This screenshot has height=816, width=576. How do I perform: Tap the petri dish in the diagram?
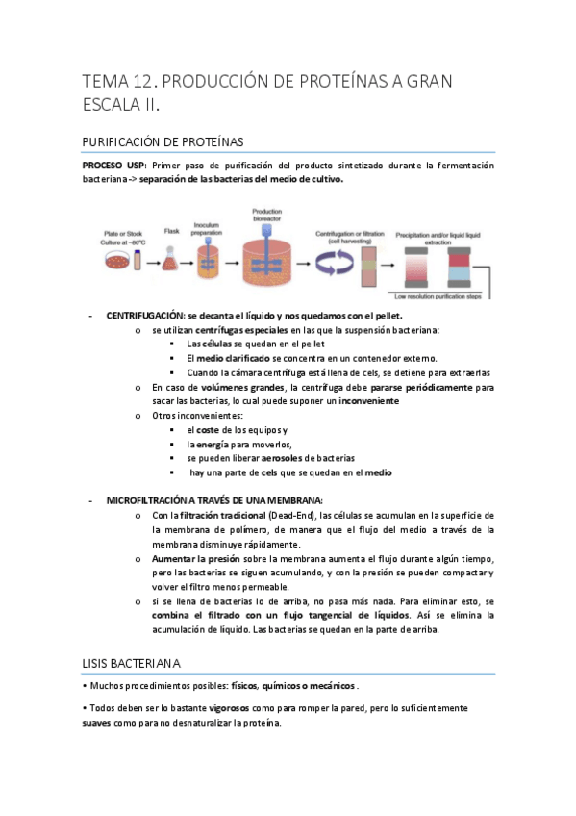(x=120, y=260)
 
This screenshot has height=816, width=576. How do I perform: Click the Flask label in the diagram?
(x=172, y=232)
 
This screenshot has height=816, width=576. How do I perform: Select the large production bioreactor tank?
(x=265, y=260)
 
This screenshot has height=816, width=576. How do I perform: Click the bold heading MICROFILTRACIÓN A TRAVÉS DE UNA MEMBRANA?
(x=214, y=500)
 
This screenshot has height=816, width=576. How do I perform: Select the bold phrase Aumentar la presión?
(x=196, y=559)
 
